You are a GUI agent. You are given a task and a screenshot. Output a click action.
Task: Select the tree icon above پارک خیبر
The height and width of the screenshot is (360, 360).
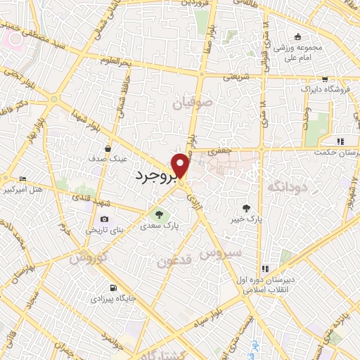(x=246, y=207)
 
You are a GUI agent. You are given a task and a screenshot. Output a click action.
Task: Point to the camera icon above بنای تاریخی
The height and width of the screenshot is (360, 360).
(x=105, y=219)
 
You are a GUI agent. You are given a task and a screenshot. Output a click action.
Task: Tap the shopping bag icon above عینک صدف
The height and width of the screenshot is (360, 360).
(x=108, y=148)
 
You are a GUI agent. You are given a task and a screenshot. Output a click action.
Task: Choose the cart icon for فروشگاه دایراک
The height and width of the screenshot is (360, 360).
(x=324, y=79)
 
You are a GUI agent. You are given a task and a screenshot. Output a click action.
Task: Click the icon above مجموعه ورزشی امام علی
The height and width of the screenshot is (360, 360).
(x=299, y=37)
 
